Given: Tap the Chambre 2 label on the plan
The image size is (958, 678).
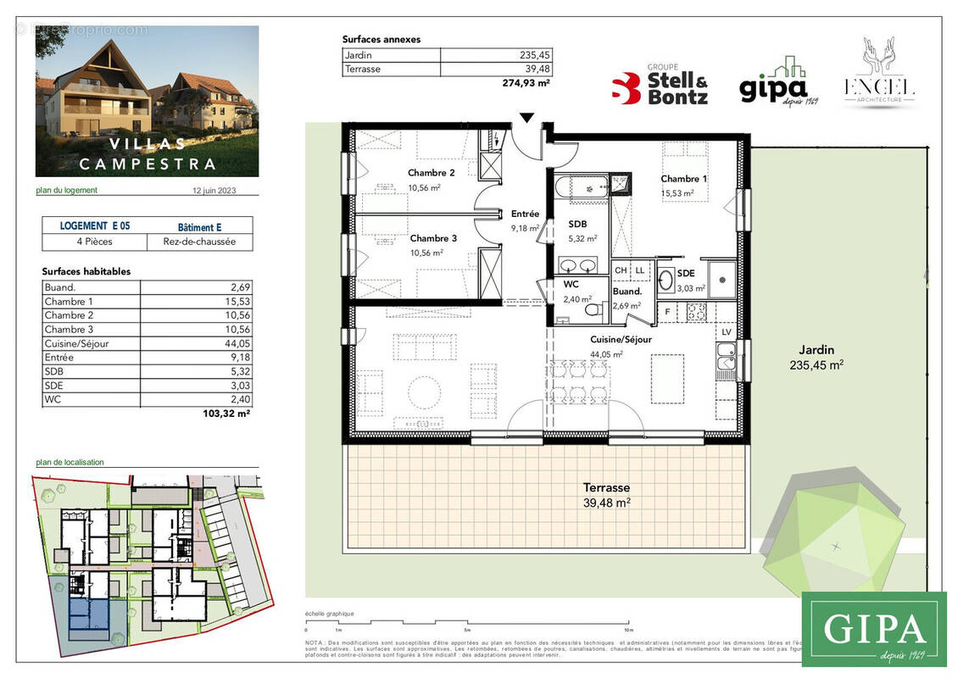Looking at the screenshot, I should pyautogui.click(x=432, y=173).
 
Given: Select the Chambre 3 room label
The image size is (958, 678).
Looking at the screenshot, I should pyautogui.click(x=433, y=239).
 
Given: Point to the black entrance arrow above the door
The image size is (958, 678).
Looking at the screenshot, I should pyautogui.click(x=526, y=118).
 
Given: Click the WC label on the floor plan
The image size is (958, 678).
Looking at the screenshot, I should pyautogui.click(x=571, y=285).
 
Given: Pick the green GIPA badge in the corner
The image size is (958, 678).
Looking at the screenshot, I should pyautogui.click(x=873, y=629).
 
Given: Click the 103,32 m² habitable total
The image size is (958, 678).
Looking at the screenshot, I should pyautogui.click(x=231, y=414).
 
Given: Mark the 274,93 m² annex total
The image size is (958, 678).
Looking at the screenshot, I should pyautogui.click(x=526, y=83).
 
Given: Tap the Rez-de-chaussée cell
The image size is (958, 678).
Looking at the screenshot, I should pyautogui.click(x=200, y=242).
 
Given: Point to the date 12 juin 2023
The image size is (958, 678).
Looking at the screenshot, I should pyautogui.click(x=214, y=191).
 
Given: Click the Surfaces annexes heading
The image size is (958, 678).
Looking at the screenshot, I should pyautogui.click(x=381, y=39).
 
